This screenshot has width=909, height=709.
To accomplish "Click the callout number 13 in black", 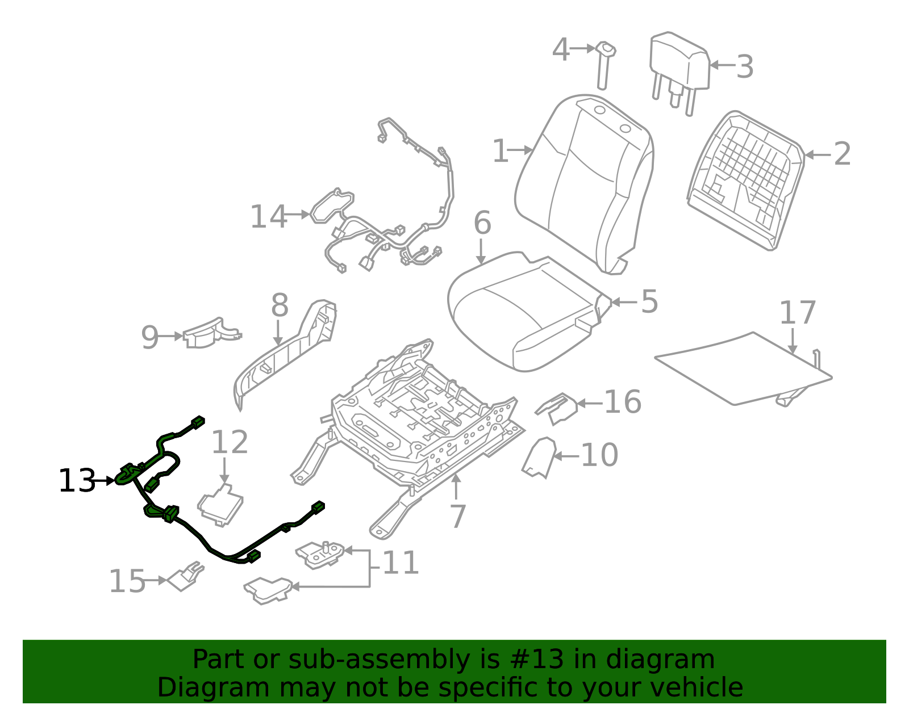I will pos(77,481).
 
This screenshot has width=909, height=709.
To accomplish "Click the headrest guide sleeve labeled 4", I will pos(603,65).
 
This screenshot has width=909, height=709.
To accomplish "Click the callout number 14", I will pos(269,217).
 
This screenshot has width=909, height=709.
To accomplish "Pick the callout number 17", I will pos(798,313).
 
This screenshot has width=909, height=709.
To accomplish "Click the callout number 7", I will pos(458,516).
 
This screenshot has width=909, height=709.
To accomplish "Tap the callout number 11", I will pos(401,563).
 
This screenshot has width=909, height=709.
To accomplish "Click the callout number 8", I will pos(280,305).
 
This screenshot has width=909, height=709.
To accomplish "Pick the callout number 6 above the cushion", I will pos(482,223).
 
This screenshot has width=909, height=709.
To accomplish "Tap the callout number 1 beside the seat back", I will pos(500,151).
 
